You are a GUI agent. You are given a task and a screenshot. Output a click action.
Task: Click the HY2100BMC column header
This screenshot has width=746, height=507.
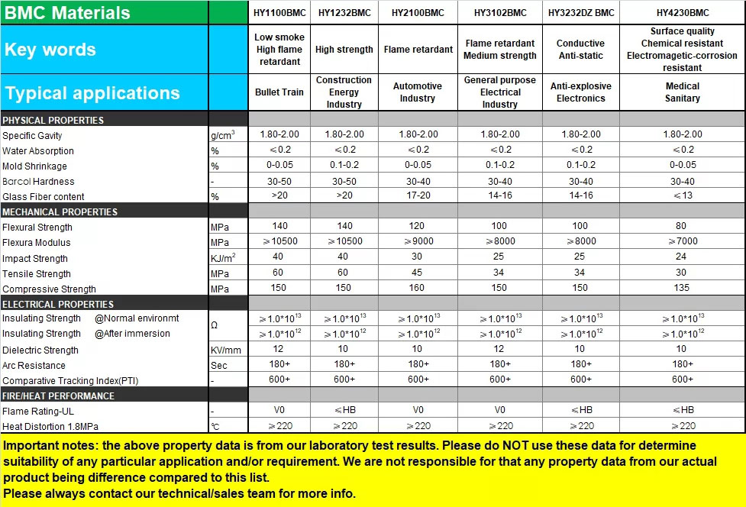point(418,13)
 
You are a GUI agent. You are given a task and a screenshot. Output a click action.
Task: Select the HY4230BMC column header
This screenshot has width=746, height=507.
point(683,13)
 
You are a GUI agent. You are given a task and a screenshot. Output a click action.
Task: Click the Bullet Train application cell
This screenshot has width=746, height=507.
point(279,92)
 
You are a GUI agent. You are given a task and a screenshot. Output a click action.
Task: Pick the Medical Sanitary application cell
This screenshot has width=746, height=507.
point(683,92)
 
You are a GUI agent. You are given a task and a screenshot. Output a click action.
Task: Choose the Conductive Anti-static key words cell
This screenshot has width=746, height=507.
point(580,50)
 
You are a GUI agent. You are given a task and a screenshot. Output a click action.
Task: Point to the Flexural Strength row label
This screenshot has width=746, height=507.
point(37,228)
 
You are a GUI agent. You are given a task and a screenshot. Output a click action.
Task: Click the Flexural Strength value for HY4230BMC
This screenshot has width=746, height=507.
point(682,226)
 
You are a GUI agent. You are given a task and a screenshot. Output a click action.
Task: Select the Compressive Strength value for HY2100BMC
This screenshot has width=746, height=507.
point(418,288)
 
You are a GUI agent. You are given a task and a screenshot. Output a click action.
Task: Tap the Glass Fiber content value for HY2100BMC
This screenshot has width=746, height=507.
point(418,195)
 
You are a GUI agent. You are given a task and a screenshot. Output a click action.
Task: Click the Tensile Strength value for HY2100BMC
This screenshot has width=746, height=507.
point(418,273)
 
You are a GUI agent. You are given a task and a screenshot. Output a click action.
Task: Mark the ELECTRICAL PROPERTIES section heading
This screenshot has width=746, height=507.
point(59,304)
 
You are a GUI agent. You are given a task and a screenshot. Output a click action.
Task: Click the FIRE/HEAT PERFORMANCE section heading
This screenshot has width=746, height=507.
point(59,396)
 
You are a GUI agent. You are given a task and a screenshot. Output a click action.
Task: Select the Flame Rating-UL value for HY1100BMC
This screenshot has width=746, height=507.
point(279,410)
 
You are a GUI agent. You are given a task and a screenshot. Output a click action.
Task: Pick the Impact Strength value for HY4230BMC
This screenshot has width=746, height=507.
point(682,257)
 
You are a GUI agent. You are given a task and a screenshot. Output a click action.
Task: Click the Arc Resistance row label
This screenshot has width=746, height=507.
point(34,365)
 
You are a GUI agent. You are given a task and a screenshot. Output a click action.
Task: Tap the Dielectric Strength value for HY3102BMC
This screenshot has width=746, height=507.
point(500,349)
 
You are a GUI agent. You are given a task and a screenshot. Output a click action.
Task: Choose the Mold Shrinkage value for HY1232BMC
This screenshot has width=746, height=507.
point(344,165)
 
